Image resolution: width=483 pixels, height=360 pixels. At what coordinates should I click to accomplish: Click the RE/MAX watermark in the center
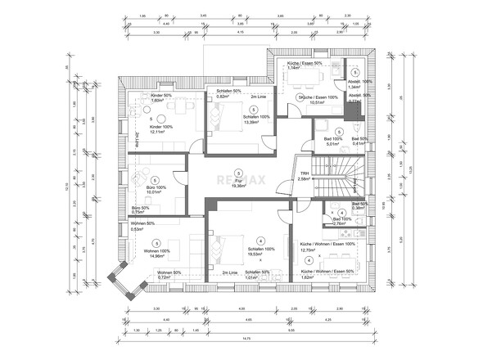pos(241,181)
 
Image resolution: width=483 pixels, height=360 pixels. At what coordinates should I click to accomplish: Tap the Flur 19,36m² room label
pos(238,184)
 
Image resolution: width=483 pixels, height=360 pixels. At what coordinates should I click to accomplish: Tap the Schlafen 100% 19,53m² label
pos(260,252)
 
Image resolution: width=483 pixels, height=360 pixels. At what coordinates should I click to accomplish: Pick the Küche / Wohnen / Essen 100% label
pos(327,247)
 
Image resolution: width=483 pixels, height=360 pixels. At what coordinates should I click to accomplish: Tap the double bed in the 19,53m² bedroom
pos(227,246)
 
